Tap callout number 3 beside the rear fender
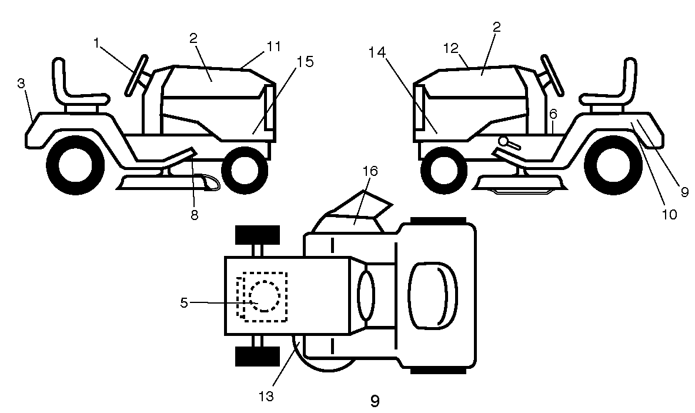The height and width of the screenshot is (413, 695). pyautogui.click(x=21, y=84)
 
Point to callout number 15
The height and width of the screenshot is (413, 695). pyautogui.click(x=305, y=61)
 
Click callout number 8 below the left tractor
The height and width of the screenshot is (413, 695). pyautogui.click(x=195, y=215)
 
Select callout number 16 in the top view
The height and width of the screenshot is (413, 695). pyautogui.click(x=370, y=171)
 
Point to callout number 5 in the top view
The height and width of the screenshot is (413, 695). pyautogui.click(x=185, y=302)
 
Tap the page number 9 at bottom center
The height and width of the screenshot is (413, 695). pyautogui.click(x=375, y=401)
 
